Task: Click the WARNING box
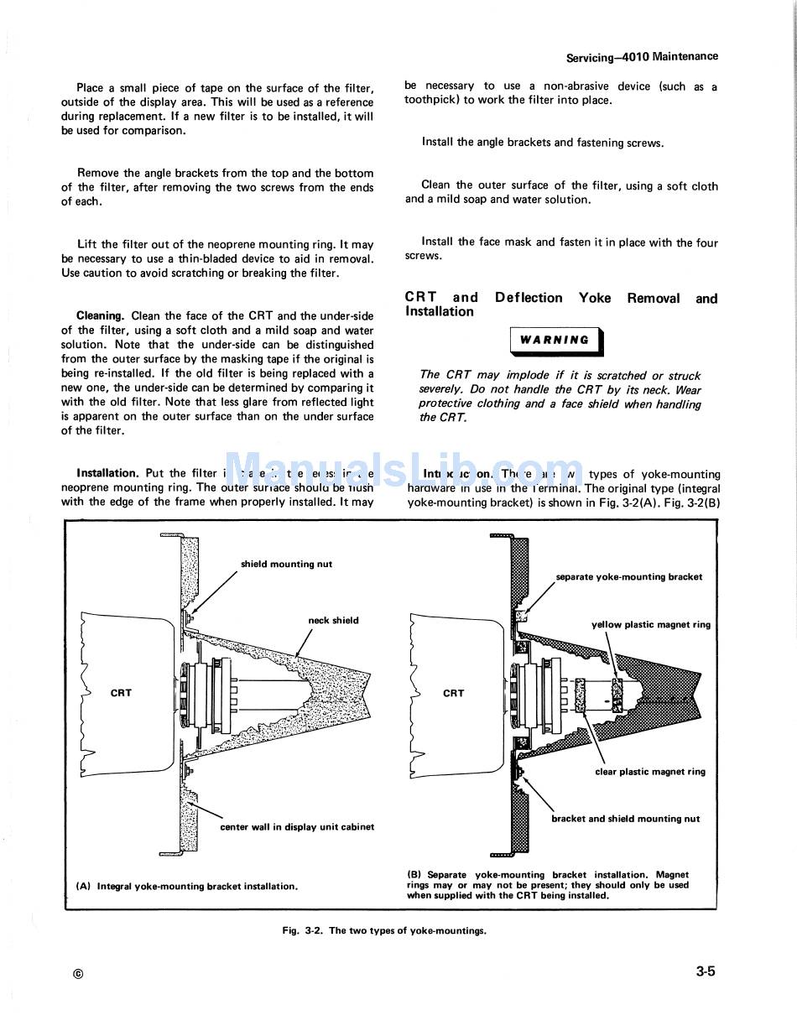[555, 341]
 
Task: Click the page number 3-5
[705, 972]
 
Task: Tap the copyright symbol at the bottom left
[78, 974]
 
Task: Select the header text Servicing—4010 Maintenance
[642, 57]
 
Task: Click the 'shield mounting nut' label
[286, 565]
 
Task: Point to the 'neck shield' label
[333, 621]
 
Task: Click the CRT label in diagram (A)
[121, 693]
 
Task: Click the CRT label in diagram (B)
[453, 693]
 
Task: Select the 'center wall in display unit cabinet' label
[297, 827]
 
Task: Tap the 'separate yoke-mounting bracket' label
[628, 577]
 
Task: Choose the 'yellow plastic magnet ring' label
[650, 625]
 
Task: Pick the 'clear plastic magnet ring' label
[650, 772]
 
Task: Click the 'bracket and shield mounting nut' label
[625, 819]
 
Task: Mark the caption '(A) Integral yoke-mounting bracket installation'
[186, 886]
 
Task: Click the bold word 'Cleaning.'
[100, 316]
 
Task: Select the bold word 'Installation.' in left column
[107, 473]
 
